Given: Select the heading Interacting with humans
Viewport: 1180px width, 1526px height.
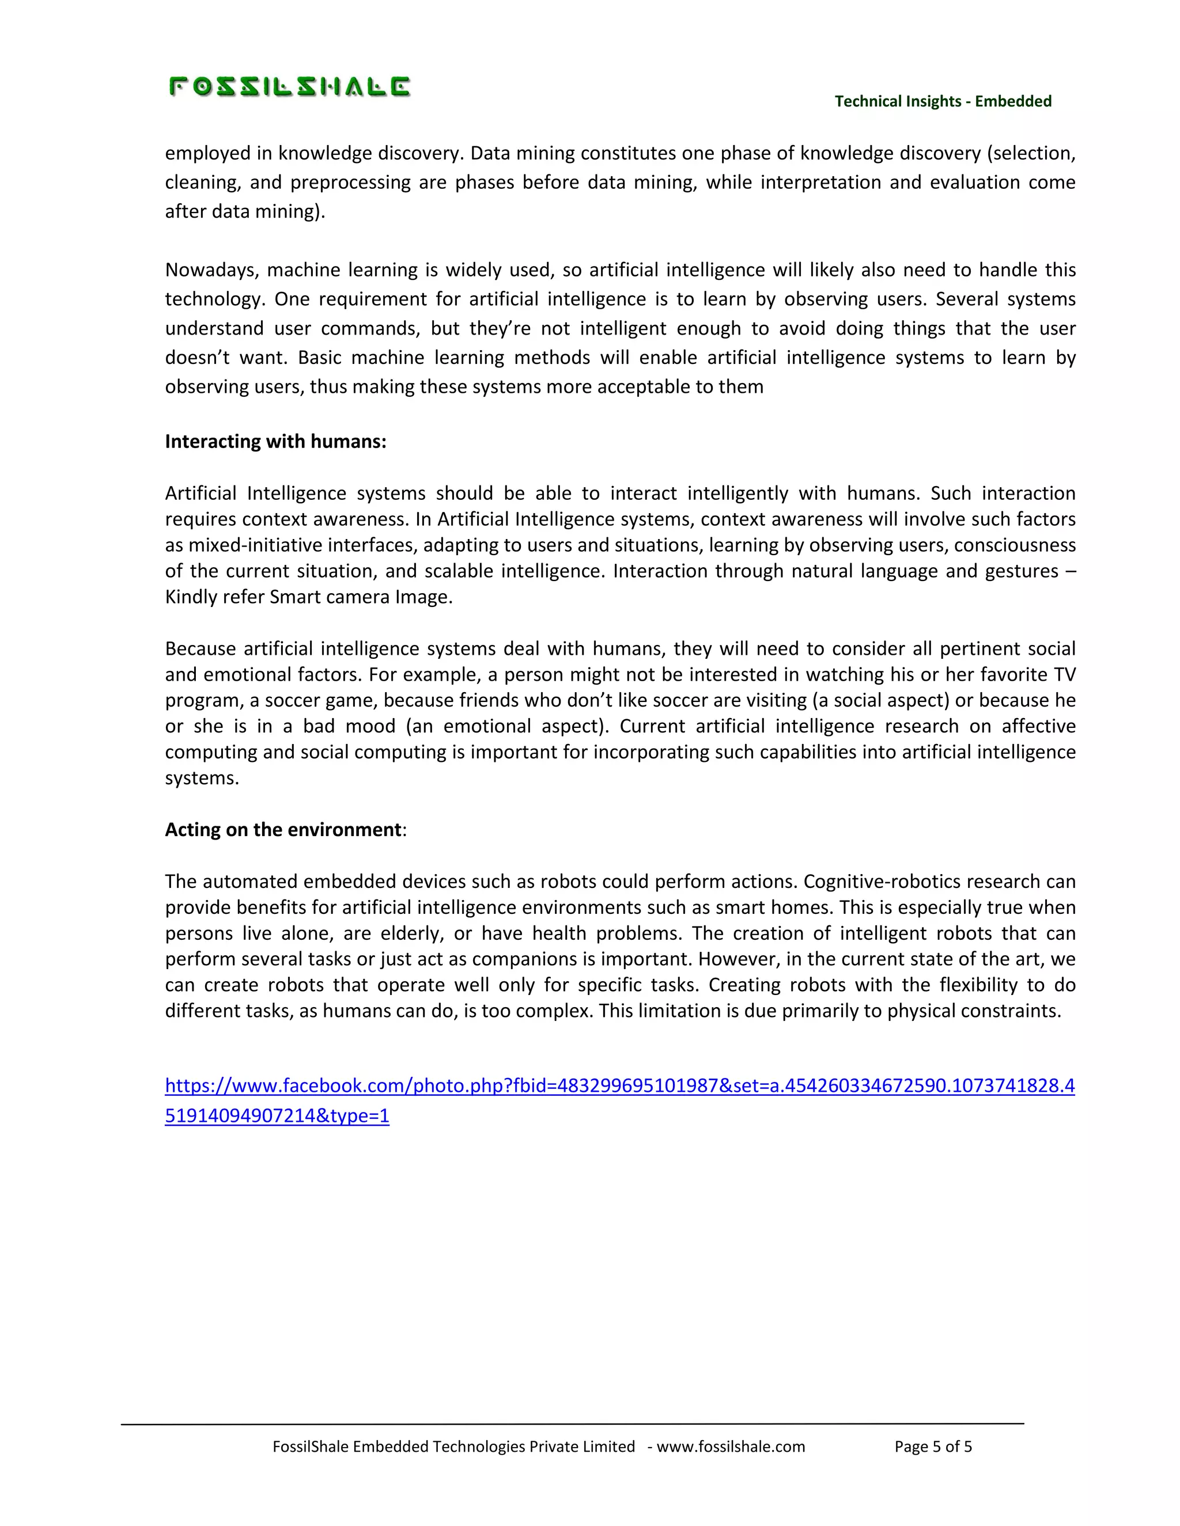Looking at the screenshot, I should click(x=275, y=442).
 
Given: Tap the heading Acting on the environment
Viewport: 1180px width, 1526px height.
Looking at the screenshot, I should click(x=283, y=829).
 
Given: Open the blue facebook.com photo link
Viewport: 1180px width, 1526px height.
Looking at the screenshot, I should click(x=619, y=1086).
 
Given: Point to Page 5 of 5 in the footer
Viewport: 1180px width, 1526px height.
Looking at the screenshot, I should click(x=933, y=1447).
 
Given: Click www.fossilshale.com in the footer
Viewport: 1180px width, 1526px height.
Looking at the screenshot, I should click(x=731, y=1447).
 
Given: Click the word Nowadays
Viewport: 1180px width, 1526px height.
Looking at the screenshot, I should click(x=210, y=271).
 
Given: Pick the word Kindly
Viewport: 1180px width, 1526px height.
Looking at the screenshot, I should click(x=191, y=597).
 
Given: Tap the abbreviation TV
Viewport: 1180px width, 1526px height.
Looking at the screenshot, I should click(x=1065, y=675).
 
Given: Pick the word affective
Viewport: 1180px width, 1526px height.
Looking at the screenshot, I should click(x=1038, y=727).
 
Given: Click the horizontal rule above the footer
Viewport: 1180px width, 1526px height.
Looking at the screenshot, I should click(x=572, y=1423).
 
